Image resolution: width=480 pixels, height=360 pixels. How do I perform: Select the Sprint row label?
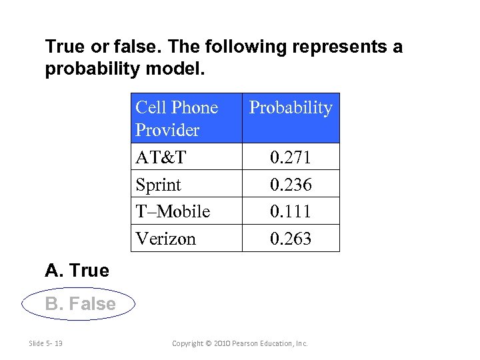click(158, 185)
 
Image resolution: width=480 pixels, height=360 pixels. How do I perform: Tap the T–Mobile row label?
click(172, 212)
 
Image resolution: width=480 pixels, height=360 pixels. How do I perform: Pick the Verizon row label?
click(165, 239)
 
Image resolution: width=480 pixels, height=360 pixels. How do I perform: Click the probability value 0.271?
click(290, 157)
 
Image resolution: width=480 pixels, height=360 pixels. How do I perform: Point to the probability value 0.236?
click(290, 185)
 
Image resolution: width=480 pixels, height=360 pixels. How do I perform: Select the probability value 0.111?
click(290, 212)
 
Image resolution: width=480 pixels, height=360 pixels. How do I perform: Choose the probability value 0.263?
click(290, 239)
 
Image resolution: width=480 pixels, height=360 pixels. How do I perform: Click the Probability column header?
click(290, 108)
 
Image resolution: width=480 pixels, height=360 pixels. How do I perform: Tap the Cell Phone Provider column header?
click(177, 118)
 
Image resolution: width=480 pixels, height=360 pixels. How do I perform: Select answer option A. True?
click(77, 271)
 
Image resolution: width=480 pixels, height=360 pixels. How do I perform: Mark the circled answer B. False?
click(80, 304)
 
